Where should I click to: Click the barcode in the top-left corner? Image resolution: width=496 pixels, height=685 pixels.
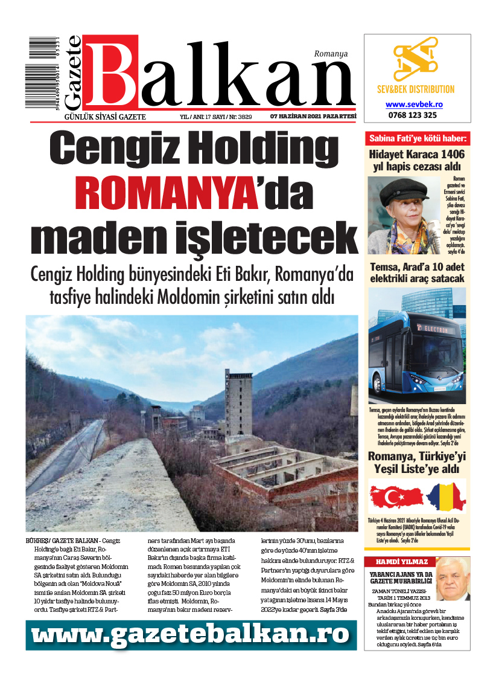[51, 72]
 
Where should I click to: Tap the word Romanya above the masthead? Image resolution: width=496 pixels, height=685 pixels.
[331, 54]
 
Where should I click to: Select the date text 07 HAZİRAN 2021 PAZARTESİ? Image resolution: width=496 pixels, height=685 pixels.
[313, 117]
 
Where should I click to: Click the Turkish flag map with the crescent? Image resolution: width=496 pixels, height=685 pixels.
[396, 496]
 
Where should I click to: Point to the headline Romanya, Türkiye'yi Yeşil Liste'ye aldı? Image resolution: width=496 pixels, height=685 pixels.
[417, 462]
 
